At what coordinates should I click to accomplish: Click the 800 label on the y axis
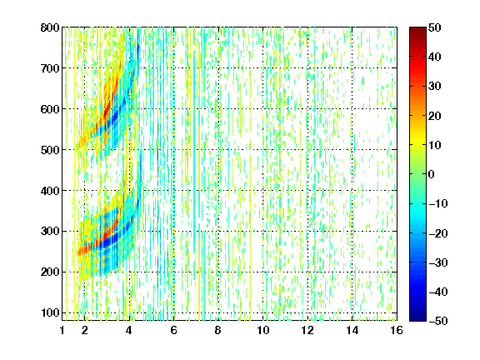tap(50, 27)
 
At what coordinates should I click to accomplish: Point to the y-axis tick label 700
tap(50, 68)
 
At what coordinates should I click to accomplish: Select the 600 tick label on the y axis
tap(50, 109)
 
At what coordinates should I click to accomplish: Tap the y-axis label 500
tap(50, 150)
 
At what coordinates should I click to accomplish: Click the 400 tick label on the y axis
tap(50, 191)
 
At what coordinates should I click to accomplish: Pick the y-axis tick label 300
tap(50, 232)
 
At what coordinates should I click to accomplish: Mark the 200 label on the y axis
tap(50, 272)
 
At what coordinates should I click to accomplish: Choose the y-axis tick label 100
tap(50, 312)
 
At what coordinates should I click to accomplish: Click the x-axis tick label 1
tap(62, 330)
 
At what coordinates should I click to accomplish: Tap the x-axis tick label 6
tap(174, 330)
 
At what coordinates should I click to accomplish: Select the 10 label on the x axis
tap(263, 330)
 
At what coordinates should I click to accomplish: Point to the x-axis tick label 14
tap(352, 330)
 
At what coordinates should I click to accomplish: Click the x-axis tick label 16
tap(397, 330)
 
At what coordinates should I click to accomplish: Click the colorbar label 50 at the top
tap(434, 27)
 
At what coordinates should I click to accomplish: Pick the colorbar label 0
tap(431, 174)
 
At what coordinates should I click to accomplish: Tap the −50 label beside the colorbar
tap(438, 321)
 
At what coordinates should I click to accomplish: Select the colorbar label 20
tap(434, 116)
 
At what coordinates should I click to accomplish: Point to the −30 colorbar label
tap(438, 262)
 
